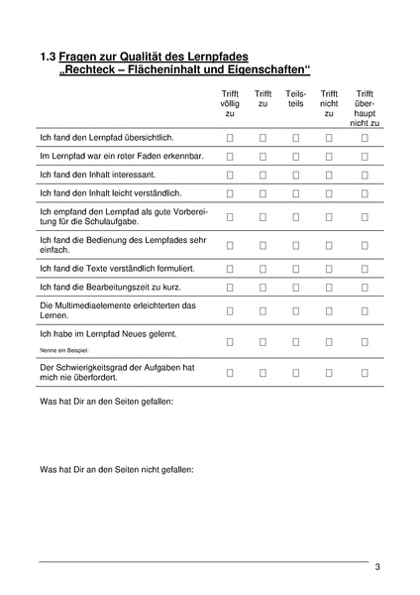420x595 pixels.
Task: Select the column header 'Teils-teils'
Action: [x=295, y=98]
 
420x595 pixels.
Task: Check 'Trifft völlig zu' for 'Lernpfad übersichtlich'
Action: [x=230, y=140]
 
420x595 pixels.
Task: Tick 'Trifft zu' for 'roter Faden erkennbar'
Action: [x=262, y=157]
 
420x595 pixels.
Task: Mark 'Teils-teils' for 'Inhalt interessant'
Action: [x=295, y=174]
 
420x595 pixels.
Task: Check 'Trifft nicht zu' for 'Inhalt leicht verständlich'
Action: [x=329, y=191]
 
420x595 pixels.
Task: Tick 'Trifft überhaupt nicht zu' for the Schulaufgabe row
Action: [x=365, y=215]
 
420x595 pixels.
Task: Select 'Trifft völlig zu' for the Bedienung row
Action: [x=230, y=244]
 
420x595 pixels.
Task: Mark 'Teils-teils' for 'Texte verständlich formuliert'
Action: [x=295, y=268]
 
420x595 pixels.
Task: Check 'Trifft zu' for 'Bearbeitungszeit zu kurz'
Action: [x=262, y=287]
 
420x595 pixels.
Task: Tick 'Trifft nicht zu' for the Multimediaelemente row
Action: [x=329, y=310]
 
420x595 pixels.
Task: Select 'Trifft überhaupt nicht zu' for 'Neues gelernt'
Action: [x=365, y=341]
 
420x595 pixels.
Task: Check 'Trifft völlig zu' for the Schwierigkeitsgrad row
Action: [x=230, y=373]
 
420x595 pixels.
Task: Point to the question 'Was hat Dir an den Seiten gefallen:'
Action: [x=106, y=403]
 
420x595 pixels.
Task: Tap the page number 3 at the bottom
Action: [x=377, y=567]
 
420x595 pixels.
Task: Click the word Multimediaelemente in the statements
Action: [x=94, y=304]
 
